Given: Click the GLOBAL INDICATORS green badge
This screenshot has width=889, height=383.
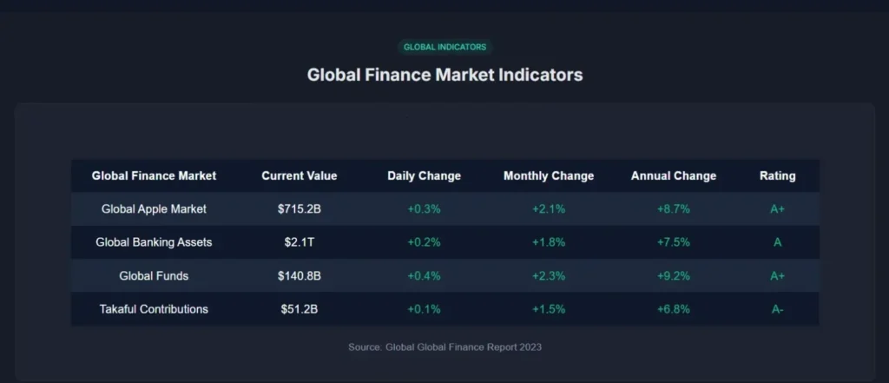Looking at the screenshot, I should coord(444,47).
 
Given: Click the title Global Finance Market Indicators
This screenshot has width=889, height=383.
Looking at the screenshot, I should coord(444,75).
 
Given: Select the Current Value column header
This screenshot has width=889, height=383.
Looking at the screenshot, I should coord(300,176).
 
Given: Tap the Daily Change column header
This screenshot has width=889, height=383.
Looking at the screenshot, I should coord(424,176).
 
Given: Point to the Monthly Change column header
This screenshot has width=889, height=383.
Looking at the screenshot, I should coord(549,176).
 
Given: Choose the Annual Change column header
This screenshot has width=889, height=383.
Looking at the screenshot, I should coord(674,176).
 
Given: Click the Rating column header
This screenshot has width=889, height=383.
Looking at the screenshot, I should coord(777,176).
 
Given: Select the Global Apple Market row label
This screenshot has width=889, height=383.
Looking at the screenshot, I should coord(154,209).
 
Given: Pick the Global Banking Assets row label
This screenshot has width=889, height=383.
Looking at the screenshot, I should coord(154,242).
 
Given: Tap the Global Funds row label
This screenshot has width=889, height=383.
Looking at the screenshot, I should coord(154,276).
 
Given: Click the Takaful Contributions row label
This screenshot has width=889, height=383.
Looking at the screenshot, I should coord(154,309).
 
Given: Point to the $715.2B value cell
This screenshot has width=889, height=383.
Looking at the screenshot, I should coord(300,209).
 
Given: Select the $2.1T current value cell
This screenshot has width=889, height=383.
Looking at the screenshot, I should coord(300,242).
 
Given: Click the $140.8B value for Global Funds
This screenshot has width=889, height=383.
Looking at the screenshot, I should coord(300,276).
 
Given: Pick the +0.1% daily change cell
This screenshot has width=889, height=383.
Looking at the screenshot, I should coord(424,309).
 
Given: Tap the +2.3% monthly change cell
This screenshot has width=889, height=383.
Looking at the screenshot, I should coord(549,276).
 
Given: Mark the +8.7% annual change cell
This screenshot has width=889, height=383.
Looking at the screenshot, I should coord(674,209).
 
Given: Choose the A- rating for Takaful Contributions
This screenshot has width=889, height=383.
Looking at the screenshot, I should coord(777,309).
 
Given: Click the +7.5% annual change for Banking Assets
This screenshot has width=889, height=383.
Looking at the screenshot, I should coord(674,242).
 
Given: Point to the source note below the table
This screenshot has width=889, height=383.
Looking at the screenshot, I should coord(444,347).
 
